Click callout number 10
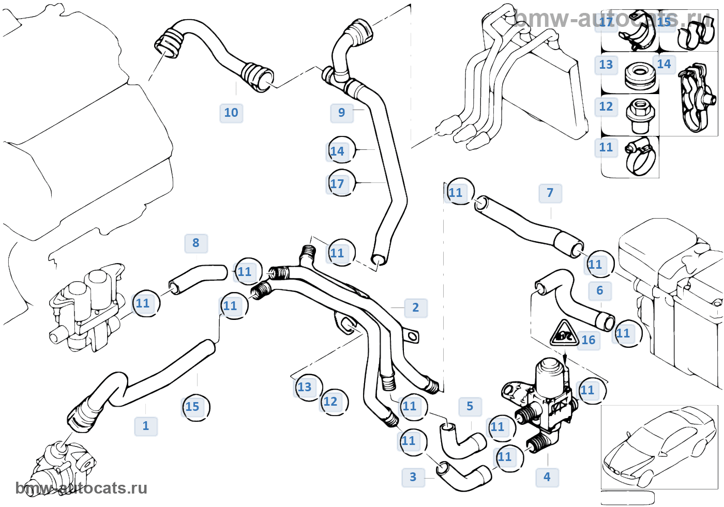click(231, 113)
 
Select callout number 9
click(342, 113)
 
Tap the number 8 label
click(196, 243)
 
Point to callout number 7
click(550, 193)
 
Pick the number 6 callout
click(600, 290)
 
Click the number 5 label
click(470, 407)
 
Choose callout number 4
click(547, 477)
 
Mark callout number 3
click(413, 477)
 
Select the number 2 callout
click(416, 308)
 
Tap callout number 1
click(146, 426)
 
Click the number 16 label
click(589, 340)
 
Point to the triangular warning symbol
click(563, 333)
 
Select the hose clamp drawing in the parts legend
click(640, 157)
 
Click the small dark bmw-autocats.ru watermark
click(81, 488)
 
